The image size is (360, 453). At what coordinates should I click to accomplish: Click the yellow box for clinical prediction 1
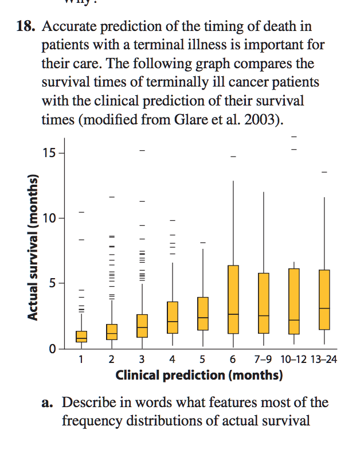pos(81,337)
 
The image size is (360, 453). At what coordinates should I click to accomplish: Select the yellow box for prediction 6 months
pos(233,299)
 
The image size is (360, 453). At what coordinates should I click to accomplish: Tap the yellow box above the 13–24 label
pos(324,299)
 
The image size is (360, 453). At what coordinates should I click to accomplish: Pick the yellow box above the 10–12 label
pos(294,301)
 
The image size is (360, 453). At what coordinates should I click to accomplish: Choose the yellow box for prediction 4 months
pos(173,317)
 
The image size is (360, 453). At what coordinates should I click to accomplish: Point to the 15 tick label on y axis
pos(49,153)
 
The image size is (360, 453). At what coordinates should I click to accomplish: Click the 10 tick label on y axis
pos(49,218)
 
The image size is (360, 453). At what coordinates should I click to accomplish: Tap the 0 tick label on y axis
pos(52,349)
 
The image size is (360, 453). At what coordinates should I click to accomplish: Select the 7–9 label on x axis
pos(263,360)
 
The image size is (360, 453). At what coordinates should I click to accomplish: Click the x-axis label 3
pos(142,360)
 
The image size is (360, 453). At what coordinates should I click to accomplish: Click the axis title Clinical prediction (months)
pos(199,376)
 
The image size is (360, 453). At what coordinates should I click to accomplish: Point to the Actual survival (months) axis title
pos(34,247)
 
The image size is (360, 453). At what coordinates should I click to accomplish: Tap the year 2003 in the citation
pos(264,120)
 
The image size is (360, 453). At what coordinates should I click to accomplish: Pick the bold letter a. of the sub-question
pos(48,403)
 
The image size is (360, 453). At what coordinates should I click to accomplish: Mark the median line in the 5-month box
pos(203,318)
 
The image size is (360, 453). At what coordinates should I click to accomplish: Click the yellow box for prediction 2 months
pos(112,331)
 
